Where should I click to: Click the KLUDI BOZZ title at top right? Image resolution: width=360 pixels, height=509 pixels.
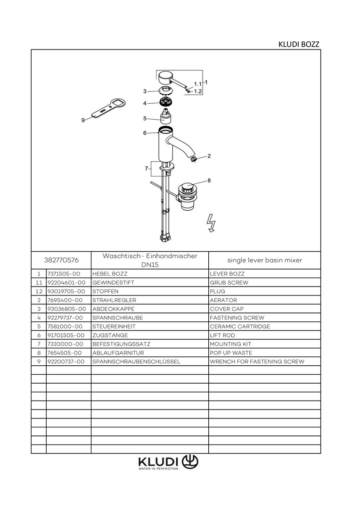[x=299, y=44]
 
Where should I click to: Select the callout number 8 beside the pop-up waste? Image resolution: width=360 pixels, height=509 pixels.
[x=209, y=180]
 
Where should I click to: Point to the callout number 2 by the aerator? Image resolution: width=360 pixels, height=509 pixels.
[x=209, y=156]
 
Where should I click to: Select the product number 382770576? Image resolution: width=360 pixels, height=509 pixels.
[x=61, y=260]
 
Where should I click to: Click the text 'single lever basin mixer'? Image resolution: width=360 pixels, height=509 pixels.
[x=264, y=260]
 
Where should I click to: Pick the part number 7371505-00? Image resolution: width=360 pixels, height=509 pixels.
[x=64, y=274]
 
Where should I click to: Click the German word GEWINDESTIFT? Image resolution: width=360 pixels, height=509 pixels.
[x=111, y=283]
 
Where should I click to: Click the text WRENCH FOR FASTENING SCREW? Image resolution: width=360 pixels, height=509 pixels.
[x=257, y=361]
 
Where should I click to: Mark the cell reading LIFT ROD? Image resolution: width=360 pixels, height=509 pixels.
[x=223, y=335]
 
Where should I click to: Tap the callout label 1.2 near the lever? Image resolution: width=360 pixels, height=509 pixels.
[x=198, y=91]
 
